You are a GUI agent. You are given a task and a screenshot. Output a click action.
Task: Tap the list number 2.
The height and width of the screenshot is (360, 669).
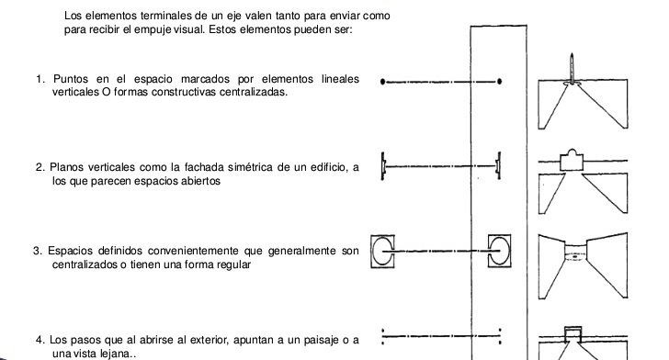[x=40, y=168]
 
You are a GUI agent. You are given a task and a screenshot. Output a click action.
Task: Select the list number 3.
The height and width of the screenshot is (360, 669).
[x=37, y=251]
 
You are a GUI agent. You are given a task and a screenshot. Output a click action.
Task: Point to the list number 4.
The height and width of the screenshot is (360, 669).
[x=38, y=341]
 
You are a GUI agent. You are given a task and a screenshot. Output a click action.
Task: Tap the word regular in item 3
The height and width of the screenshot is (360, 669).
[x=232, y=264]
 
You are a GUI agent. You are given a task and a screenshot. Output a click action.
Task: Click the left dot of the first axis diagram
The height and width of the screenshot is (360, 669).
[x=383, y=81]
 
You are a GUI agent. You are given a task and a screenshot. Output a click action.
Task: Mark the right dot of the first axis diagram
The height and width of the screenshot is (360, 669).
[x=498, y=81]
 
